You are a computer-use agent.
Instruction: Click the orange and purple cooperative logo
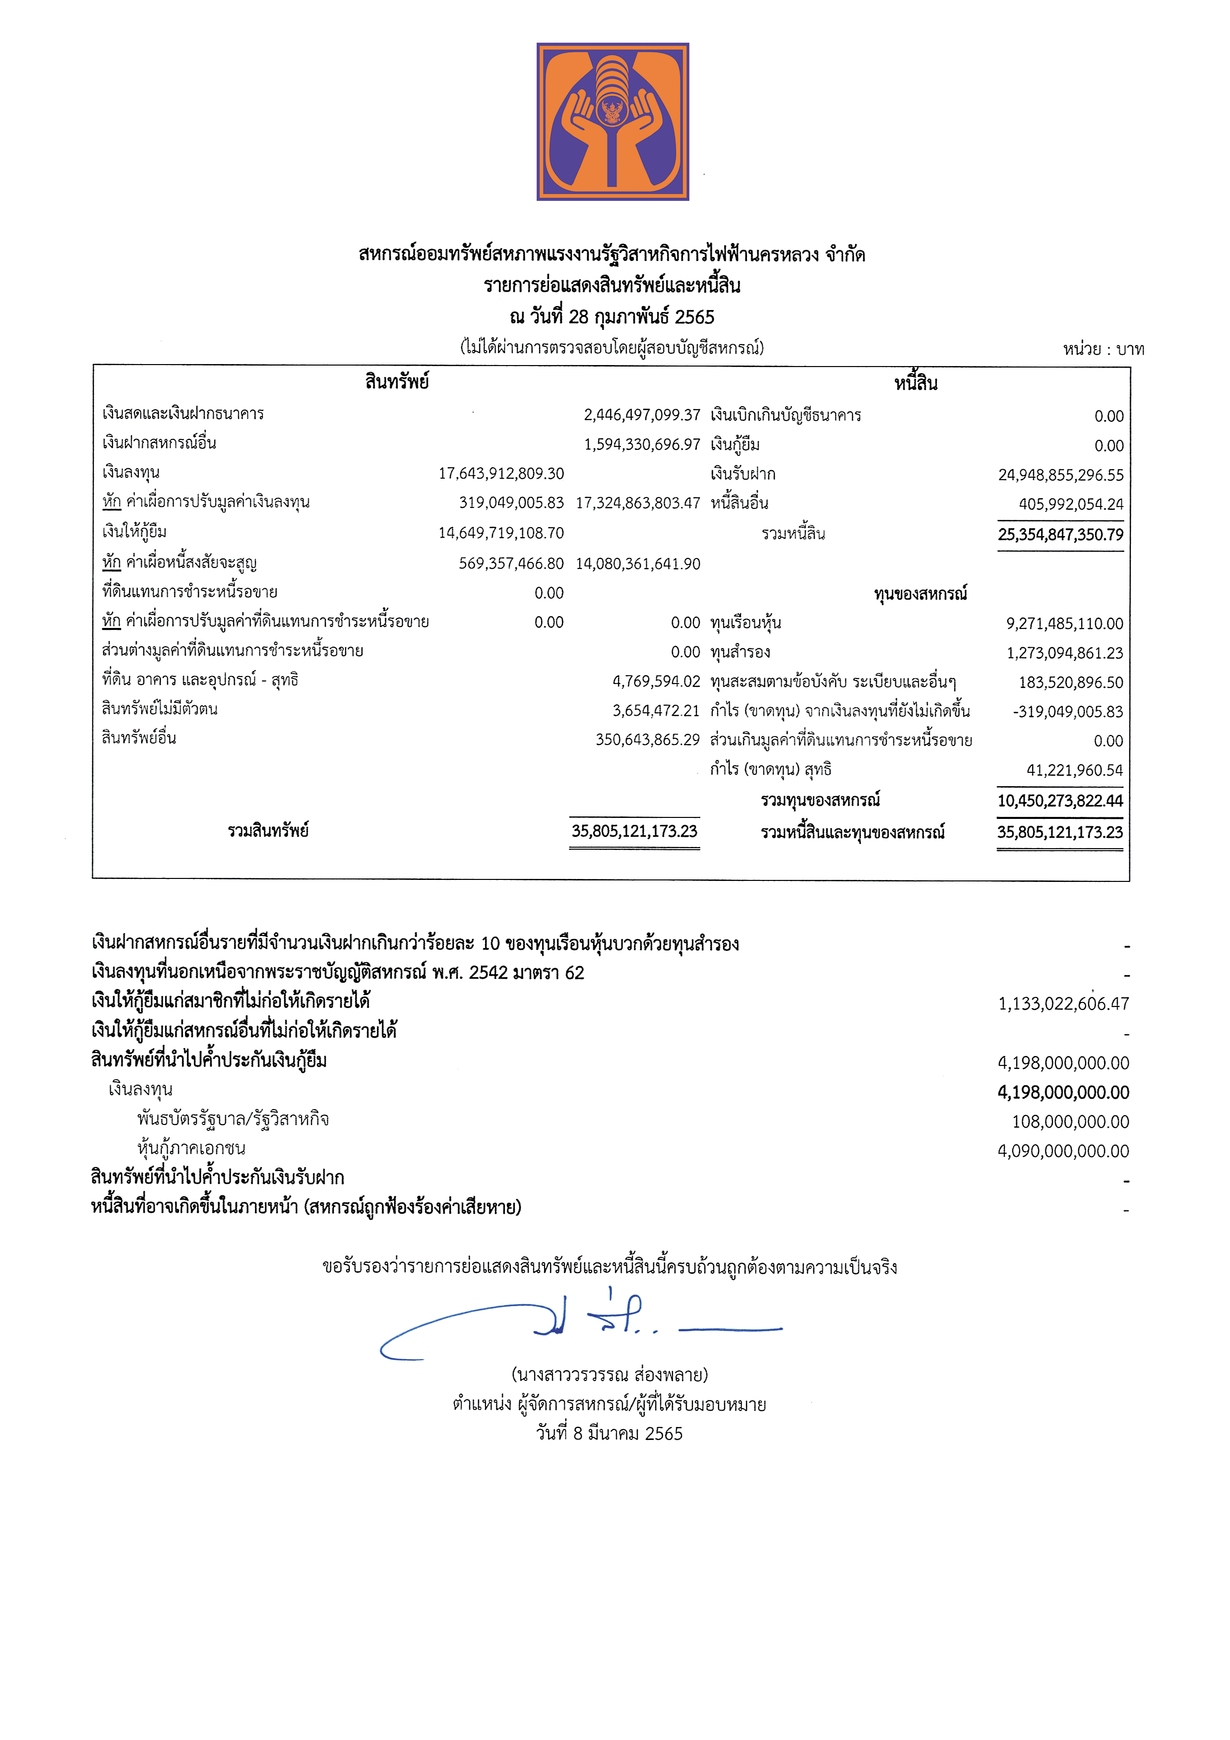pos(613,121)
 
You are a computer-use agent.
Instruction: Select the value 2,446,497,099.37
pos(641,415)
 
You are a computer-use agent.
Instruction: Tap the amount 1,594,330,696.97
pos(641,444)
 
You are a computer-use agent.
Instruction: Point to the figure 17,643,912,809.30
pos(501,474)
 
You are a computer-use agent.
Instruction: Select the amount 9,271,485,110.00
pos(1064,623)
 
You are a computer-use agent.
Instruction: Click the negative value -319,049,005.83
pos(1067,712)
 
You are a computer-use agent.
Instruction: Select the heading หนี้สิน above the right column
pos(916,383)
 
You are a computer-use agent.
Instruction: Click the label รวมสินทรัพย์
pos(268,831)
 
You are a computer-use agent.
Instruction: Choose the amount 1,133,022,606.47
pos(1063,1004)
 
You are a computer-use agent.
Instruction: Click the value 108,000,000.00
pos(1070,1121)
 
